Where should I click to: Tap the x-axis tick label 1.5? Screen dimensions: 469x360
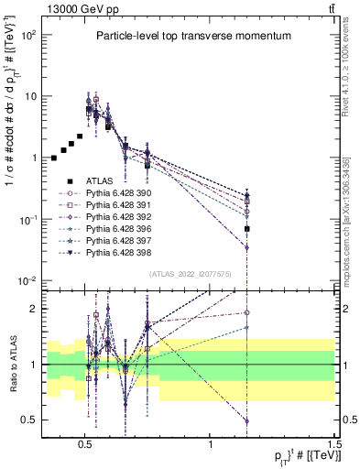pyautogui.click(x=335, y=442)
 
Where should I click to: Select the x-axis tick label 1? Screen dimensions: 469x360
pyautogui.click(x=211, y=442)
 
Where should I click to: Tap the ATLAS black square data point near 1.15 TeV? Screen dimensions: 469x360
pyautogui.click(x=246, y=228)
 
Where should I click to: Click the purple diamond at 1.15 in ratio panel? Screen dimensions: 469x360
pyautogui.click(x=246, y=420)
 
